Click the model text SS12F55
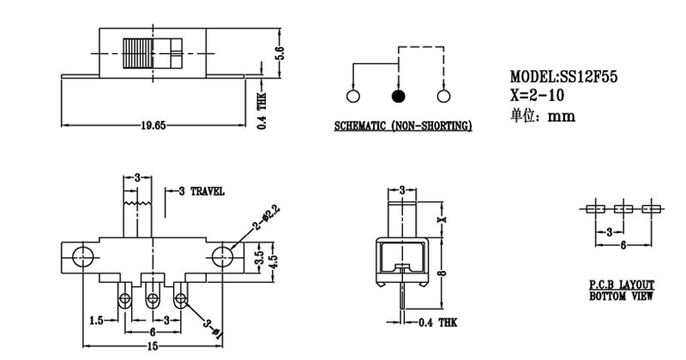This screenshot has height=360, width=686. pyautogui.click(x=563, y=77)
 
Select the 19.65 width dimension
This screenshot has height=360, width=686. pyautogui.click(x=153, y=125)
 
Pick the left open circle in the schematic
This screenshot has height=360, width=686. pyautogui.click(x=352, y=96)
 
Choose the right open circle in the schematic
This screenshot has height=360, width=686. pyautogui.click(x=443, y=96)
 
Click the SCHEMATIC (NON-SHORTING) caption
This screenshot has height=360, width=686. pyautogui.click(x=402, y=127)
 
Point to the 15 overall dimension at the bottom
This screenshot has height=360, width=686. pyautogui.click(x=153, y=345)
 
